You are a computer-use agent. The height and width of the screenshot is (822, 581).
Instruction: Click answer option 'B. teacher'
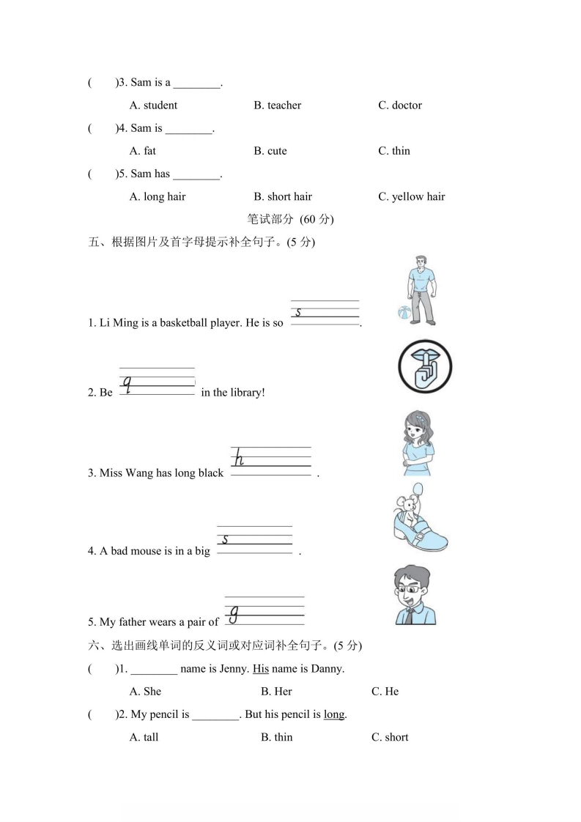277,105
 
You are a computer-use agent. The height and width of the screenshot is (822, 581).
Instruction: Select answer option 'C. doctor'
399,105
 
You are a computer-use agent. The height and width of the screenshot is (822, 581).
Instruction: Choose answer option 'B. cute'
270,151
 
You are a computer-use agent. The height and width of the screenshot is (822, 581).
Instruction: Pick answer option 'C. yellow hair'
411,196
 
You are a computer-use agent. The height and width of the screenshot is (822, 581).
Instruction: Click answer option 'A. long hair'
157,196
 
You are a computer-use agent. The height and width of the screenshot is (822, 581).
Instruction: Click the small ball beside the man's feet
403,314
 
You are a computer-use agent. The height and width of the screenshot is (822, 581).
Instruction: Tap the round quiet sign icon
424,366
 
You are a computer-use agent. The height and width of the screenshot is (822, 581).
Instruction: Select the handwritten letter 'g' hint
234,612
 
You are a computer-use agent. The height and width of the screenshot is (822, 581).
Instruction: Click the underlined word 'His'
261,668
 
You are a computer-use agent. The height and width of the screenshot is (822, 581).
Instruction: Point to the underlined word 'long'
333,714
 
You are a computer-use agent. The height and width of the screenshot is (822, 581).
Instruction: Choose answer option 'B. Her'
276,692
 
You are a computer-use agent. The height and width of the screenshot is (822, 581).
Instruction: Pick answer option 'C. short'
390,737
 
